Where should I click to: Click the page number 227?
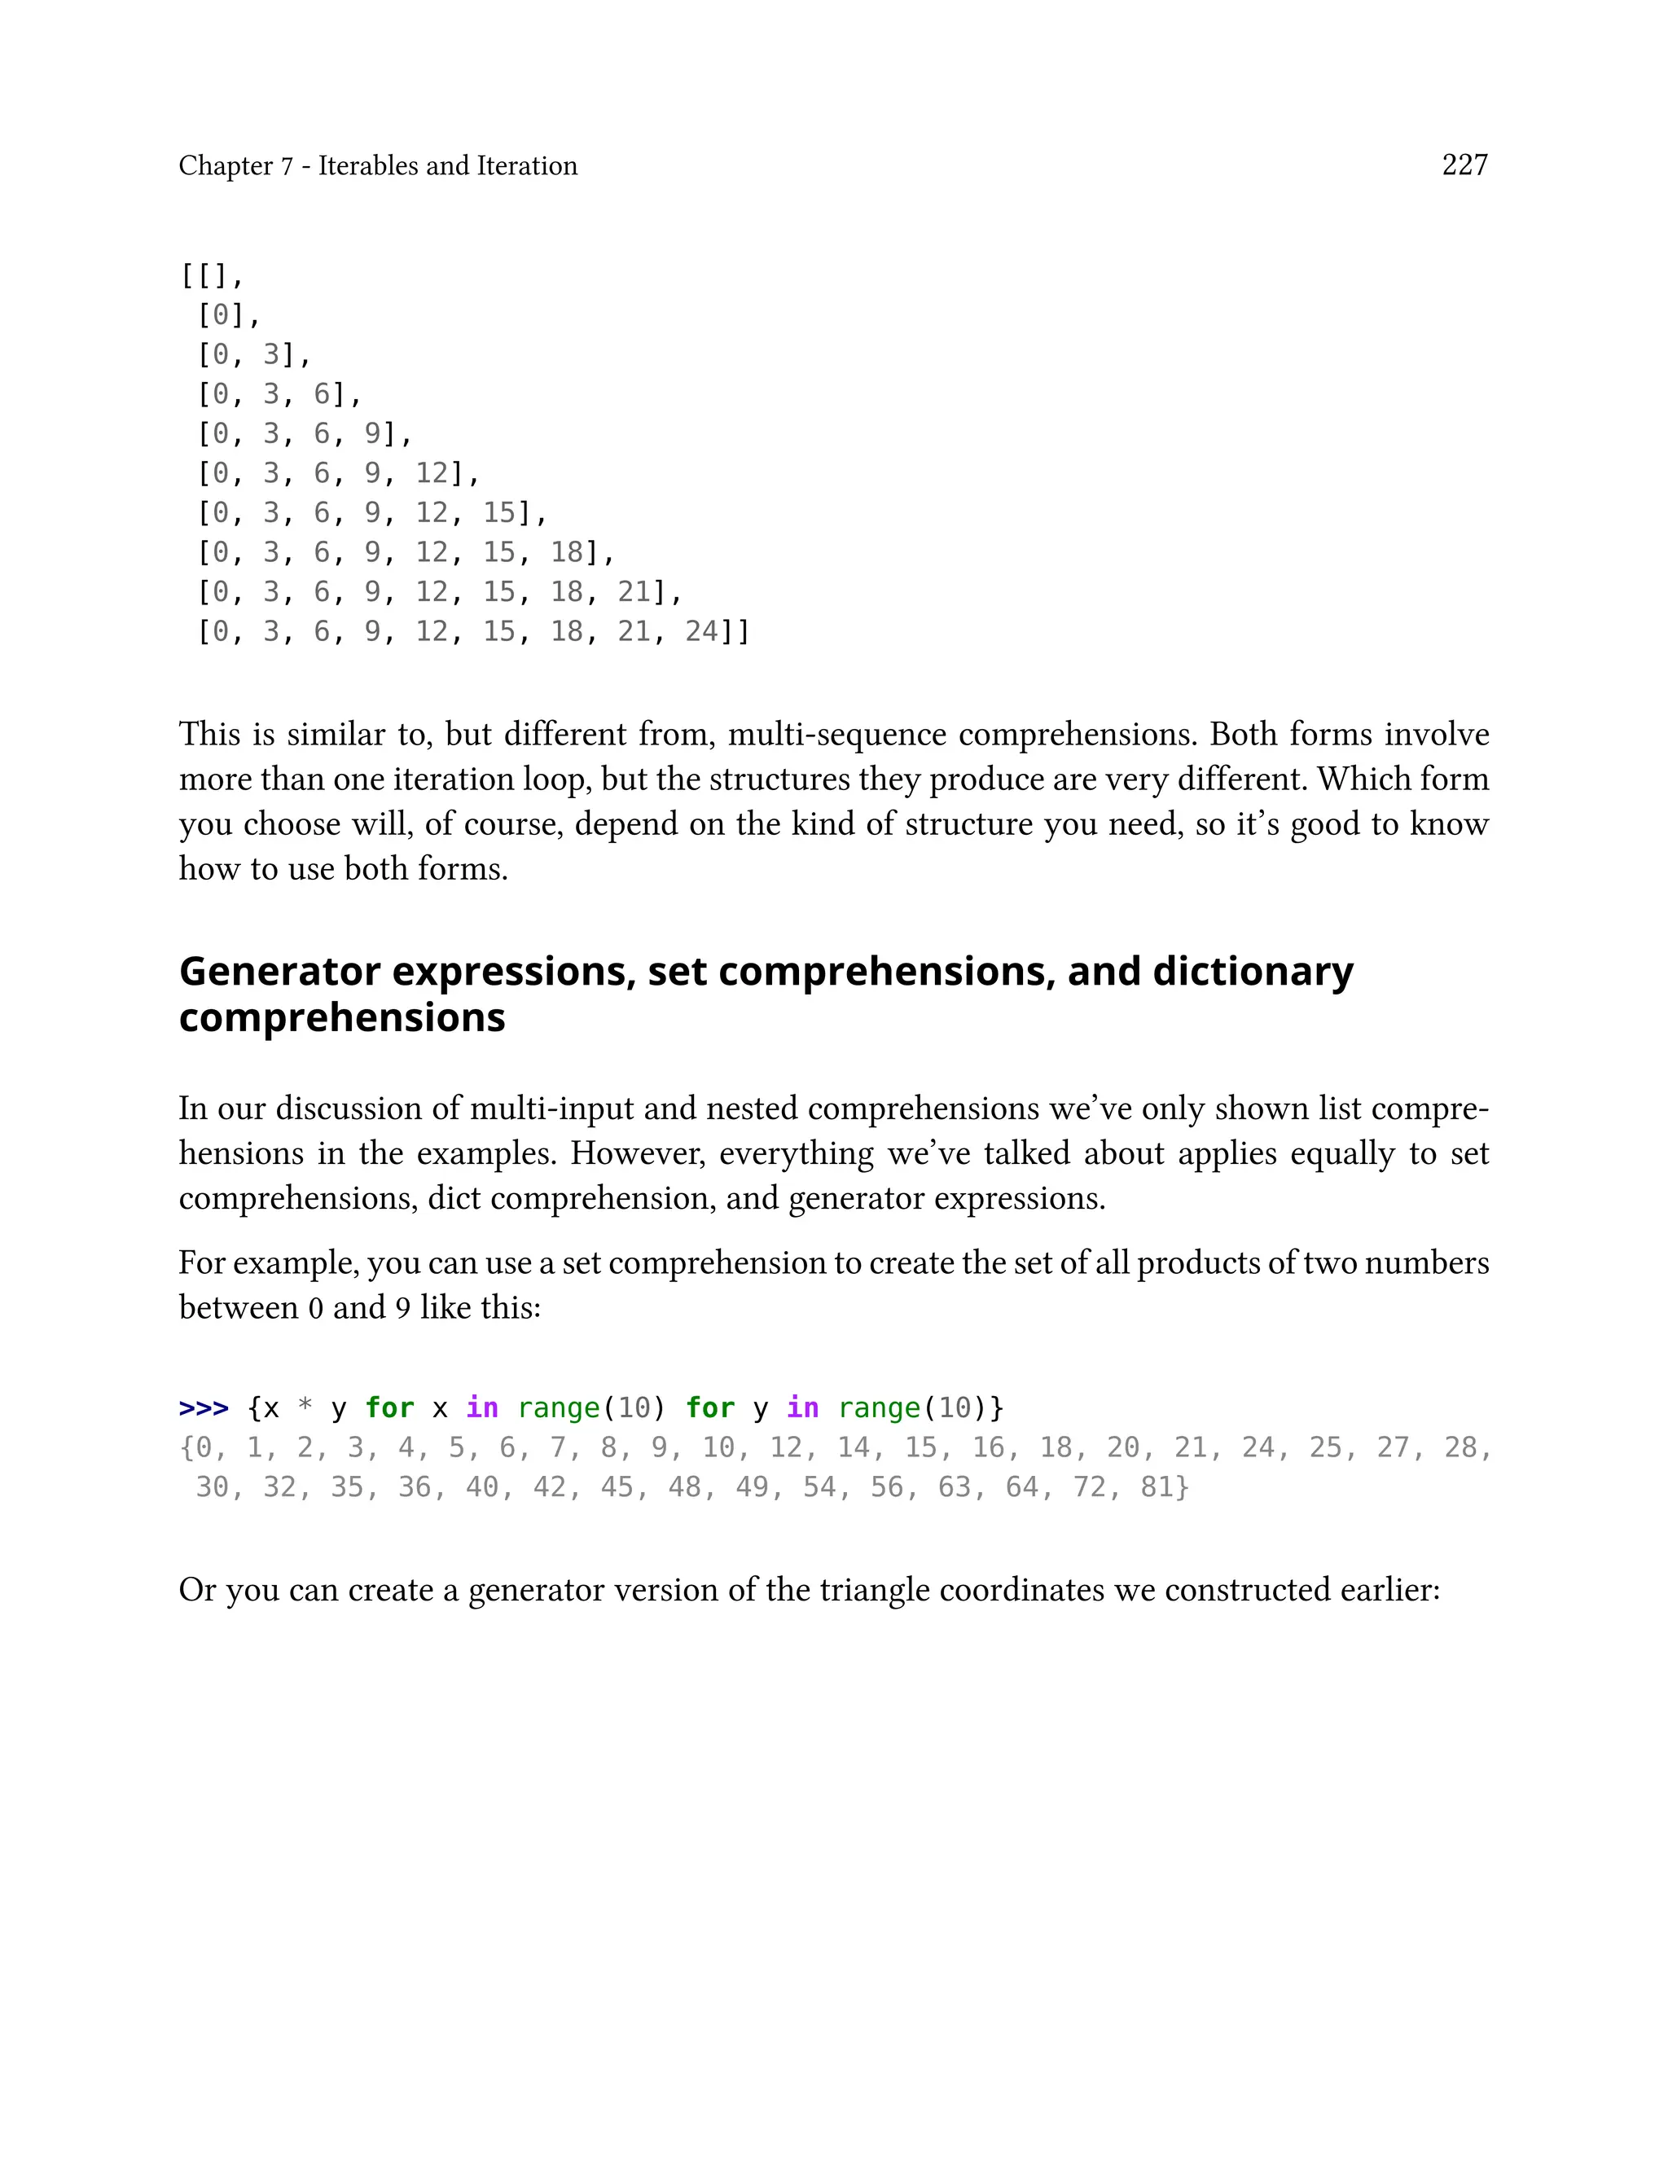(1464, 165)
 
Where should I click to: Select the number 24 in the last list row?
(701, 631)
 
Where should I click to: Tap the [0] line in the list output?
(228, 316)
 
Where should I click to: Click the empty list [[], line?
(212, 276)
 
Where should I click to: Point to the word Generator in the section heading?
(279, 971)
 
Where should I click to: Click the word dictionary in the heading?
(1252, 971)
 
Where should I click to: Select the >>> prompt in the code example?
(204, 1407)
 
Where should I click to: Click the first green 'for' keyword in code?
(389, 1407)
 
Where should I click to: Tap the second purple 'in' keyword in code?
(802, 1407)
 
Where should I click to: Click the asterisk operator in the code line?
(305, 1407)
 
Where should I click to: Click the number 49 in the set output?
(752, 1487)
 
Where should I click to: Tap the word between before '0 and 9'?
(239, 1307)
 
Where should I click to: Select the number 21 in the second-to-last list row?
(634, 591)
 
